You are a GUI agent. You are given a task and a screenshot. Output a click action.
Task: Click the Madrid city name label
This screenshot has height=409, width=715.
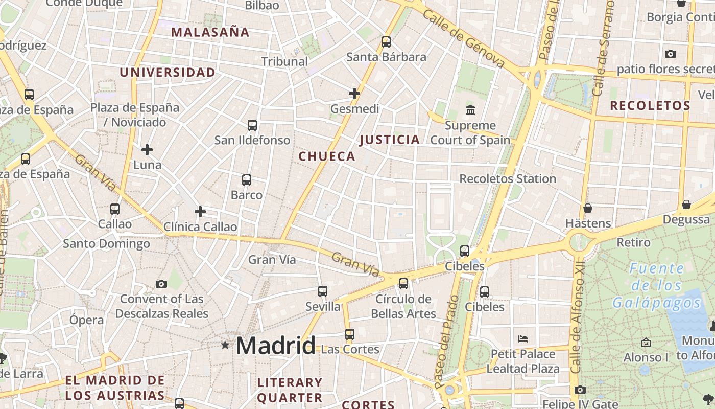[x=276, y=346]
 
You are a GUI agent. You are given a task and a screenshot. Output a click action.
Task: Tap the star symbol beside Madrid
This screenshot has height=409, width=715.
[x=225, y=345]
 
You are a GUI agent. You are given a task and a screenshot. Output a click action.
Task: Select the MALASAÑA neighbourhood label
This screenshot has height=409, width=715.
[x=210, y=32]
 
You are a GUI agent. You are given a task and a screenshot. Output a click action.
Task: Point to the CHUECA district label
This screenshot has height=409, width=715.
[x=327, y=156]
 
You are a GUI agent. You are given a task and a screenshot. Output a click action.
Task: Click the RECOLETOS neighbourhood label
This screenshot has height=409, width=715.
[x=650, y=106]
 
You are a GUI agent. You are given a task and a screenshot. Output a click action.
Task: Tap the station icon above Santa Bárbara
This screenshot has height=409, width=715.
[x=386, y=42]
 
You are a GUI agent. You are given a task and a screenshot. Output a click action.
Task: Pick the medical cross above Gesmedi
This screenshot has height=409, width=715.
[x=354, y=94]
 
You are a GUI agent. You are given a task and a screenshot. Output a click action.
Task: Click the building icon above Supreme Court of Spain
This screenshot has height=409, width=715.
[x=470, y=110]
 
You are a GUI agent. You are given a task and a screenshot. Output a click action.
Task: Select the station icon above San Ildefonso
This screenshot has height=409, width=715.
[x=252, y=125]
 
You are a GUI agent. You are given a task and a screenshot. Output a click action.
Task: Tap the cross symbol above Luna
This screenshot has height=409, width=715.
[x=147, y=150]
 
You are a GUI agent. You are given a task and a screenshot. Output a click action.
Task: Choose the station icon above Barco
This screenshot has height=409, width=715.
[x=247, y=180]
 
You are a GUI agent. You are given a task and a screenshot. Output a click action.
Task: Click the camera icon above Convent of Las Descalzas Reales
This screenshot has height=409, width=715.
[x=161, y=284]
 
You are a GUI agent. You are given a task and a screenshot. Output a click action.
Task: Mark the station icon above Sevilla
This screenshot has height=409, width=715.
[x=323, y=291]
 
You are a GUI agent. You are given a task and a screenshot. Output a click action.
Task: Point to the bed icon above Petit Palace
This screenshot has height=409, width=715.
[x=523, y=338]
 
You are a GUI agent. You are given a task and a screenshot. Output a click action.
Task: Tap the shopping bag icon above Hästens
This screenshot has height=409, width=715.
[x=588, y=208]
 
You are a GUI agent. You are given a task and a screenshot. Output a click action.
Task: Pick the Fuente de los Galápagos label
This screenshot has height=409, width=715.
[x=657, y=285]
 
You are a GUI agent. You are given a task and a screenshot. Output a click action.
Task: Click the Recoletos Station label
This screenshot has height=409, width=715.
[x=508, y=179]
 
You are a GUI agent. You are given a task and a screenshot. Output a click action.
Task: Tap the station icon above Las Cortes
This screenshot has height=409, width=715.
[x=350, y=334]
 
